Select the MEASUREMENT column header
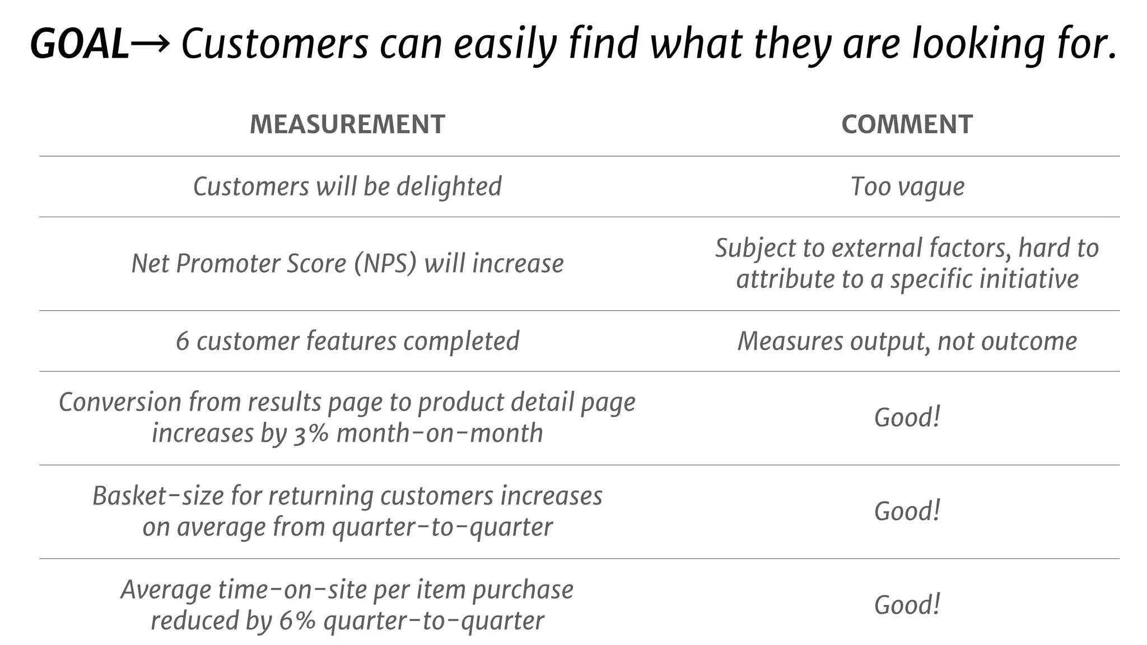click(x=347, y=124)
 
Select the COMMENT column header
click(x=907, y=124)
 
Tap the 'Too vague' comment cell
click(x=907, y=186)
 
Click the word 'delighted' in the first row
click(x=449, y=186)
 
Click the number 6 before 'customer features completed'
click(x=183, y=342)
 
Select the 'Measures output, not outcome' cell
click(x=907, y=342)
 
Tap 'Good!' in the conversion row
click(x=907, y=418)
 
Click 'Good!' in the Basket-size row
click(x=907, y=511)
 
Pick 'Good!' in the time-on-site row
click(x=907, y=605)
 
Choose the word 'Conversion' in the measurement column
click(x=120, y=403)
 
